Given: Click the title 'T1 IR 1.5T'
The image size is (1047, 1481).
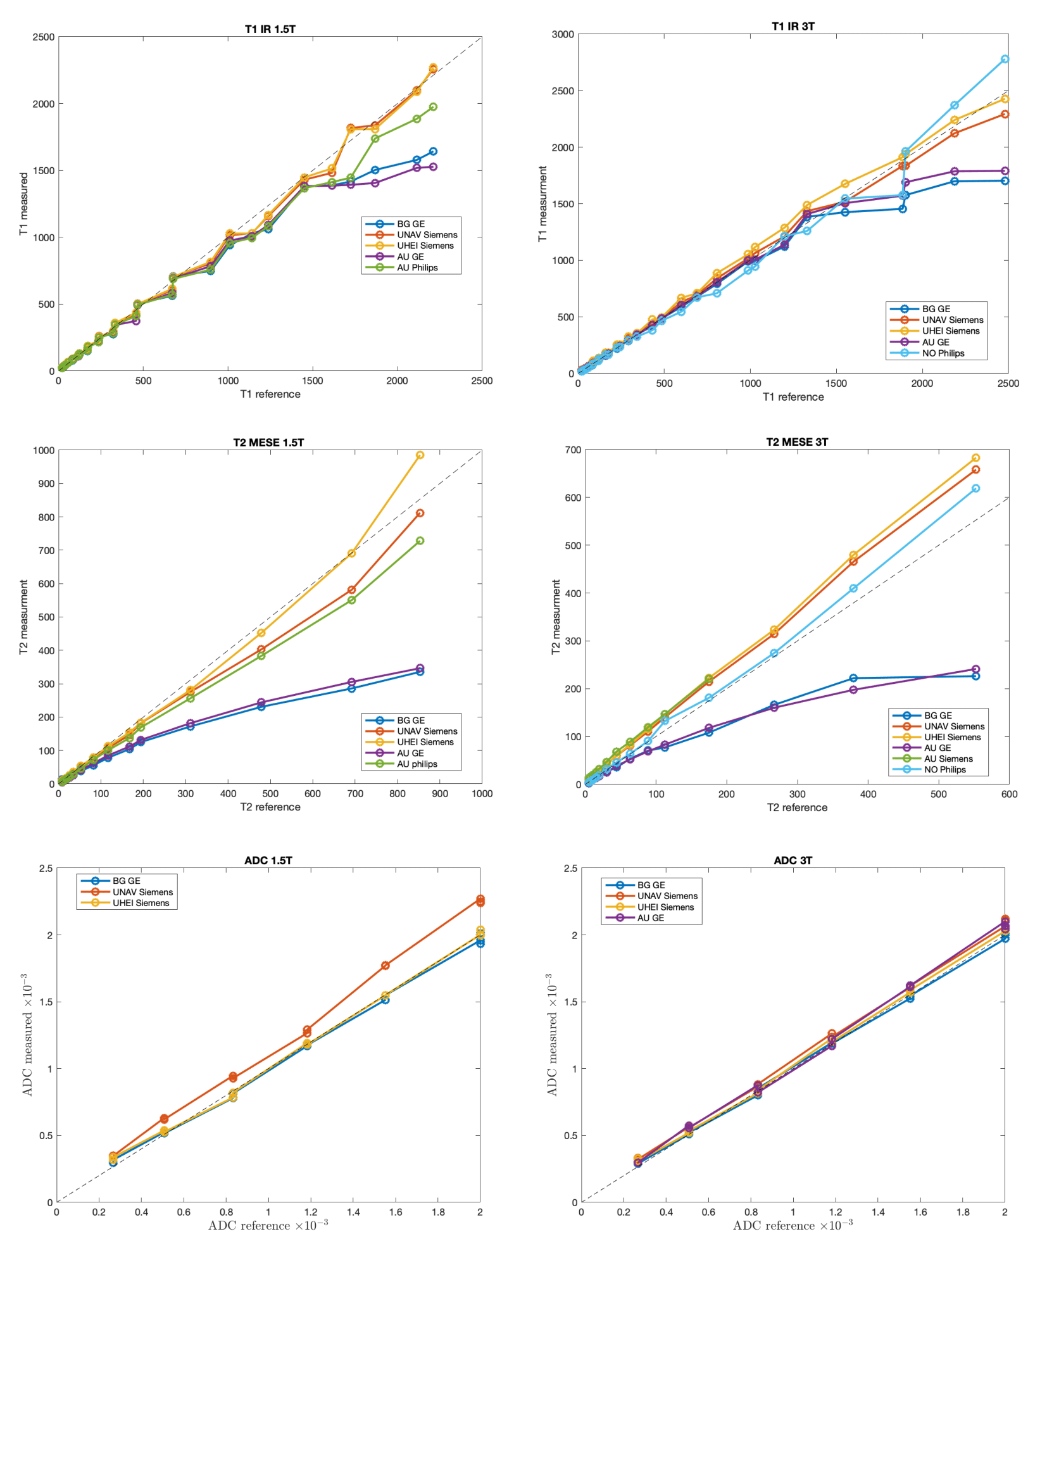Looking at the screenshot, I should [270, 29].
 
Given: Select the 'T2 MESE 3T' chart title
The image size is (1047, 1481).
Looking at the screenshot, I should [797, 442].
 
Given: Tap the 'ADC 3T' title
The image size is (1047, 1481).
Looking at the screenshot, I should [793, 860].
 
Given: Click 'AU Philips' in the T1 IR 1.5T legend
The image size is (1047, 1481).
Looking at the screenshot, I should [417, 268].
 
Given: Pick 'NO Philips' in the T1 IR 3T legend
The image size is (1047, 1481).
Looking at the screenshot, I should [943, 353].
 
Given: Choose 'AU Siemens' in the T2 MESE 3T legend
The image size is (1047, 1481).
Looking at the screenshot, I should [948, 759].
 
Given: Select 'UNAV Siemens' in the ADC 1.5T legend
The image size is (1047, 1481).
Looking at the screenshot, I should [142, 892].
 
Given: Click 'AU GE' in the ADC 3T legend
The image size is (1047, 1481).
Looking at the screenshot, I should [651, 918].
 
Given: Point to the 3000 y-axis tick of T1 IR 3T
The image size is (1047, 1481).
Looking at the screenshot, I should [563, 35].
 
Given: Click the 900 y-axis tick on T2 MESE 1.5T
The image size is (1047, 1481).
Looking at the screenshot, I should [44, 484].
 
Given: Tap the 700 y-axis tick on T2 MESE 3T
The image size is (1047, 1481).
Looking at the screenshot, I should [572, 450].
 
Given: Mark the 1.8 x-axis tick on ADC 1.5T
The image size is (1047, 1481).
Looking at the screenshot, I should [439, 1212].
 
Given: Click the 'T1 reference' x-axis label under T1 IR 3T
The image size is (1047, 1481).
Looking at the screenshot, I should [793, 398].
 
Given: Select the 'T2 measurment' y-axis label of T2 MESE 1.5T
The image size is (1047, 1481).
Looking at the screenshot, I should [24, 617].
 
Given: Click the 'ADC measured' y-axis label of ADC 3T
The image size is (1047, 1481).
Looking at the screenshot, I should [552, 1035].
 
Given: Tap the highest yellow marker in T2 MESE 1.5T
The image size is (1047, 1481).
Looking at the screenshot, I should [420, 455].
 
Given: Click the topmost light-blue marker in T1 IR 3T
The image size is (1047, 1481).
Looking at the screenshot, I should [1005, 60].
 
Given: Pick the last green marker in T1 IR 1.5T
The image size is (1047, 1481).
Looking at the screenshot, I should [432, 107].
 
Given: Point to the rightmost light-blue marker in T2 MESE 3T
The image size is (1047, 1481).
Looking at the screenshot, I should [975, 488].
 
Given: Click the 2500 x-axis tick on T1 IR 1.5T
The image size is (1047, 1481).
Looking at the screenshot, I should [482, 381].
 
